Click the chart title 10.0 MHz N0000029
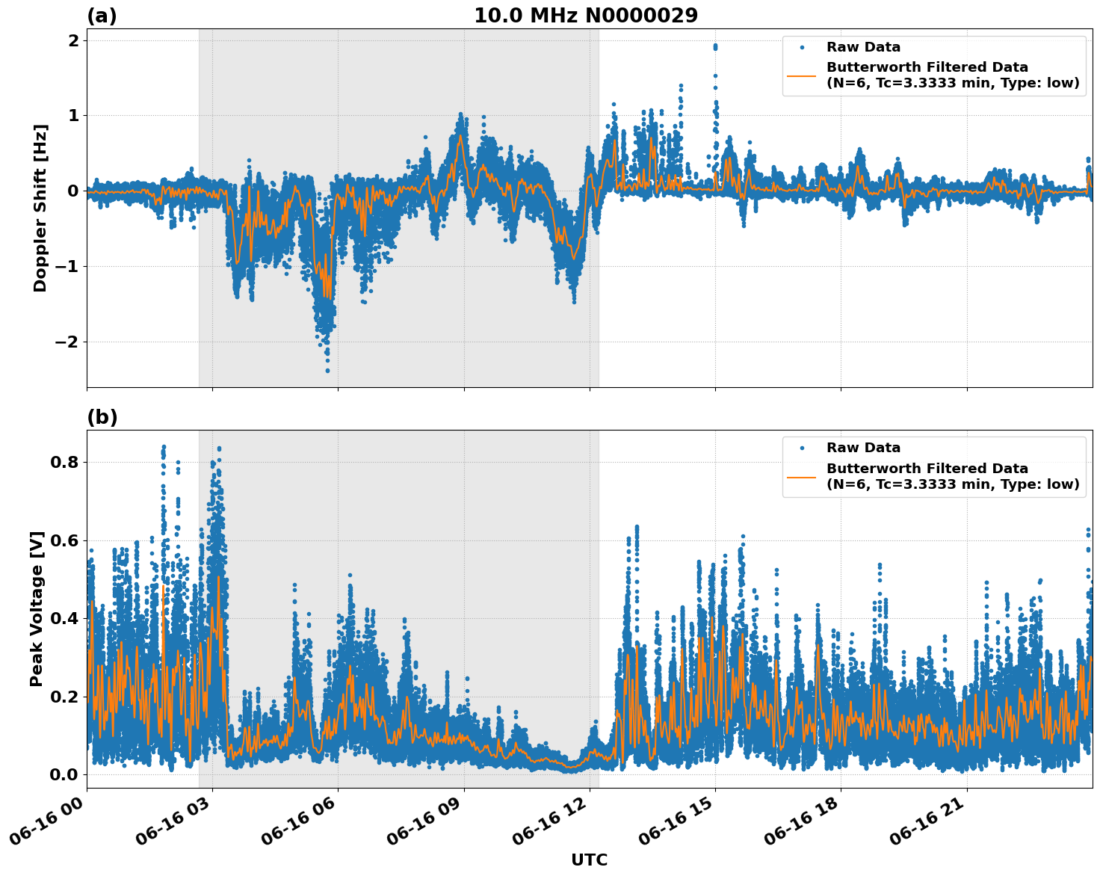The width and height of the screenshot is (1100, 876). pos(585,16)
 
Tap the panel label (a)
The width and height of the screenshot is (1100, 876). pos(102,16)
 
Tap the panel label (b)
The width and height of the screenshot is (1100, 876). pos(102,417)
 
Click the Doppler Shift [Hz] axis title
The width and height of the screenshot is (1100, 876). pos(40,208)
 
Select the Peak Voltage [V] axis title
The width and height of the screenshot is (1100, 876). pos(37,608)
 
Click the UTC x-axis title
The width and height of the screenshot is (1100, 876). pos(589,860)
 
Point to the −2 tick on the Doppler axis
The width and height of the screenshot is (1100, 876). pos(63,342)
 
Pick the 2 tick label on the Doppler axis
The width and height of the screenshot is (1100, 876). pos(73,40)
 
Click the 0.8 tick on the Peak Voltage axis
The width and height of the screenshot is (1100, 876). pos(64,462)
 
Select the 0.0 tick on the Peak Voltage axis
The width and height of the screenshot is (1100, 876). pos(64,774)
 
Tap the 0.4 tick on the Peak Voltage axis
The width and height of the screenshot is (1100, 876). pos(64,618)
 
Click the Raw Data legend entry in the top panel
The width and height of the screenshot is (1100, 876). pos(863,47)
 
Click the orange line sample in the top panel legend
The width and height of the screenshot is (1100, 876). pos(802,75)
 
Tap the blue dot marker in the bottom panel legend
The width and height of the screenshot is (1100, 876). pos(802,448)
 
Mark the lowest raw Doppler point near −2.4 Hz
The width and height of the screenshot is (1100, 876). pos(327,370)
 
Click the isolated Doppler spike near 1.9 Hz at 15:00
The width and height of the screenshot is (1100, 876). pos(715,47)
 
